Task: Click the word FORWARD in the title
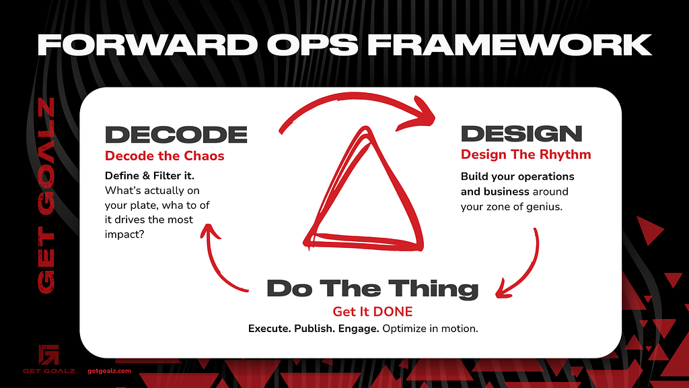coord(147,45)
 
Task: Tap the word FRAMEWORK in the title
coord(510,45)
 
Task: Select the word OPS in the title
coord(313,45)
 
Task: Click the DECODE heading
coord(176,135)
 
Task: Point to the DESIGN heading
coord(521,134)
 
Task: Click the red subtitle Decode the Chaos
coord(165,156)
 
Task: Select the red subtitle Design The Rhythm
coord(526,154)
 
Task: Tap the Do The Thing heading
coord(373,289)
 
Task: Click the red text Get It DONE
coord(373,311)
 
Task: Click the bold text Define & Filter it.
coord(149,176)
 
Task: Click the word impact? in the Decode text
coord(124,234)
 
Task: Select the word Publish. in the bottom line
coord(315,329)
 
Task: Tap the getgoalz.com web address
coord(110,371)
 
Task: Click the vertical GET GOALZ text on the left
coord(46,195)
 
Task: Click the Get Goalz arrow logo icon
coord(48,355)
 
